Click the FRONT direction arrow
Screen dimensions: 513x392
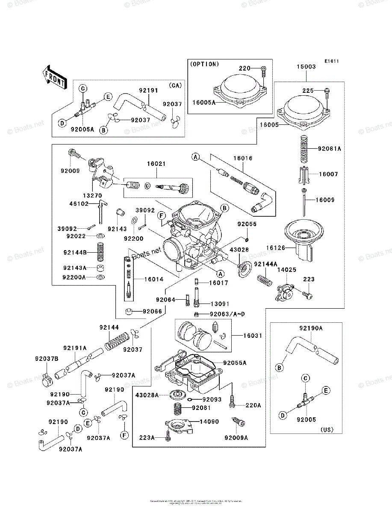54,77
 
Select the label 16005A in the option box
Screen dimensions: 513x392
203,103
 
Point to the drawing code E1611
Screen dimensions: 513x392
331,61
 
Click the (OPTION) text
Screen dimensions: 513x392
204,64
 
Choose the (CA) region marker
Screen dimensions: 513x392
175,85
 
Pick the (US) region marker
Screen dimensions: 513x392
327,430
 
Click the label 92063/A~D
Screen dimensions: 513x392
228,314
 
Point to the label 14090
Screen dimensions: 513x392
209,422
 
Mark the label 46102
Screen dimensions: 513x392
80,204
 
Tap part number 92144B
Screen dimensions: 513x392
75,253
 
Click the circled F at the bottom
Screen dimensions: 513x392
124,436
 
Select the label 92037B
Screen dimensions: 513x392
44,358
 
